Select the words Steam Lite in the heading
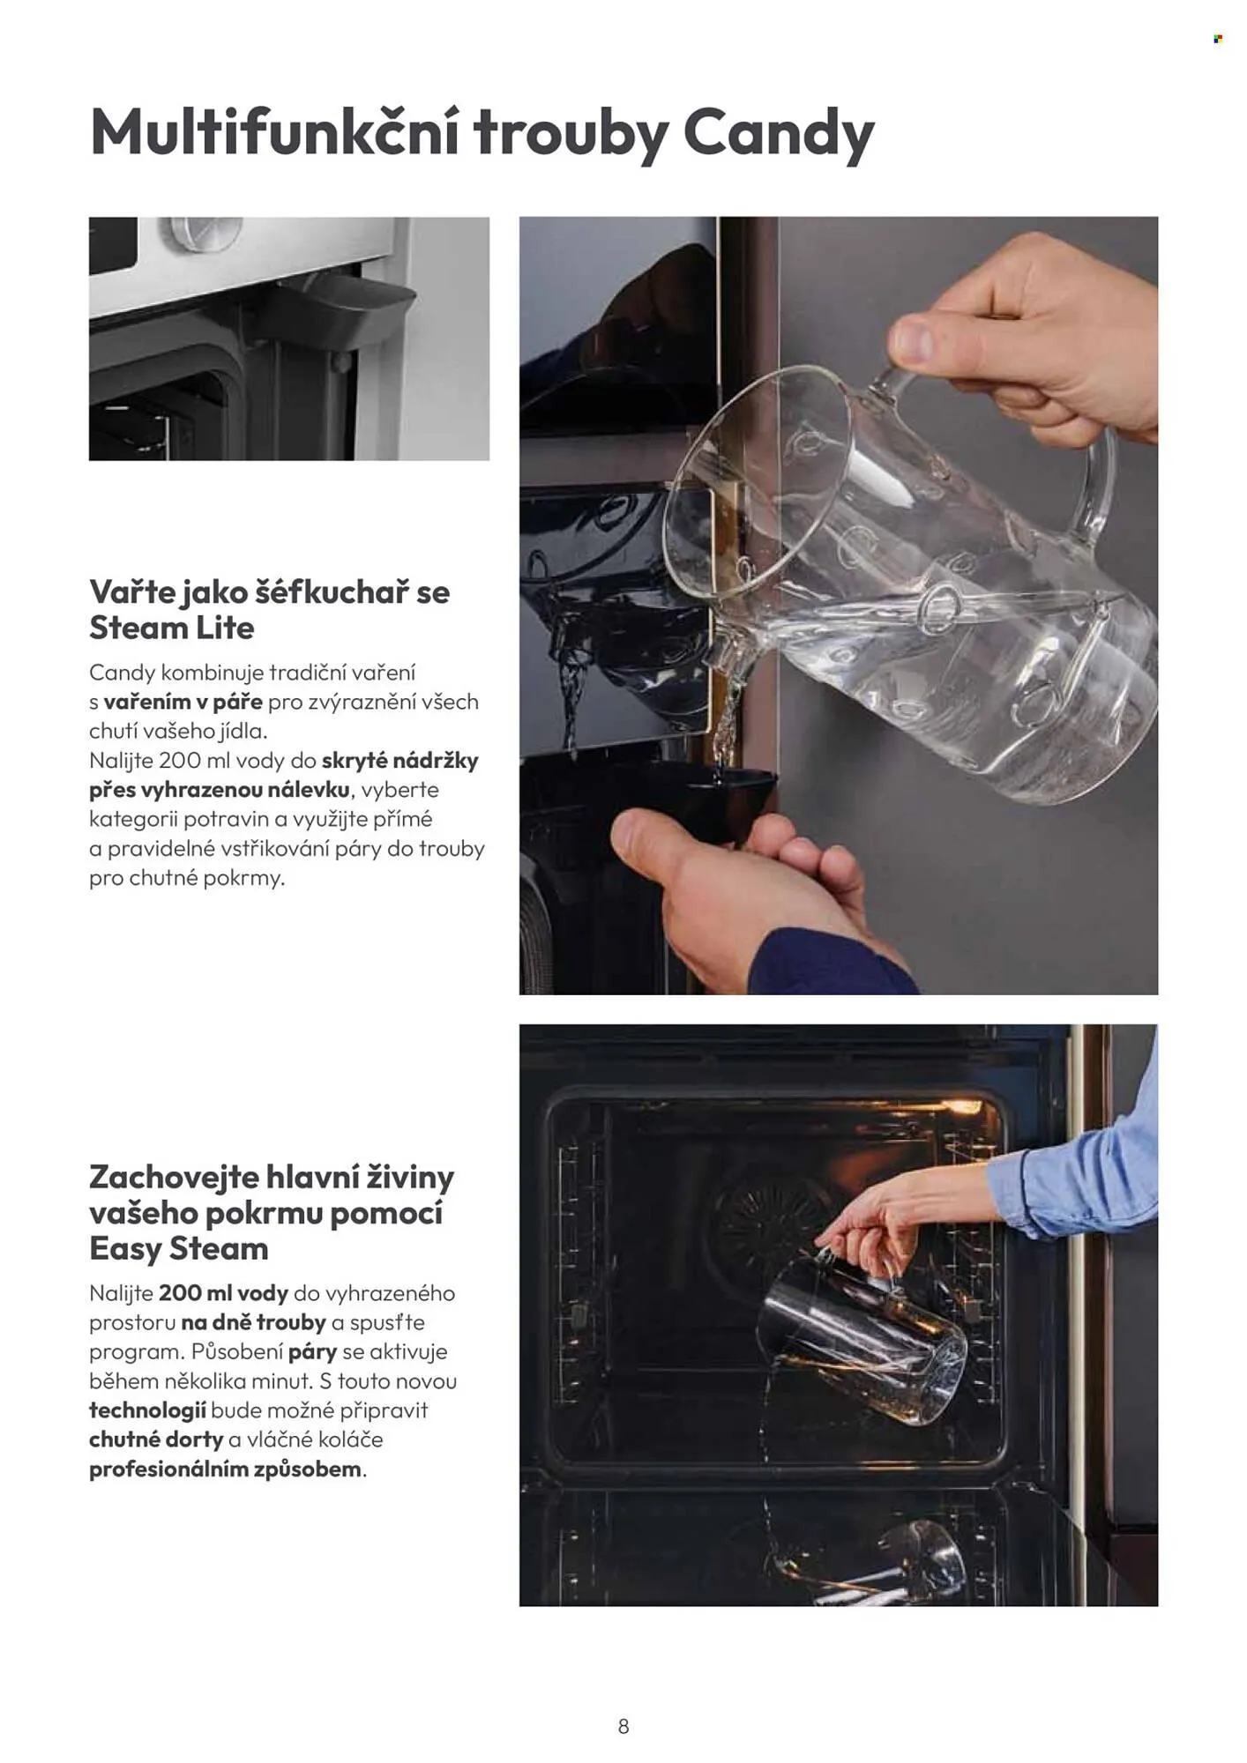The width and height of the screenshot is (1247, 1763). point(172,629)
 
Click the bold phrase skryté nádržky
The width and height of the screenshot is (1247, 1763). point(400,761)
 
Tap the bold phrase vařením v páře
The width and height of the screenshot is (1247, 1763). point(183,703)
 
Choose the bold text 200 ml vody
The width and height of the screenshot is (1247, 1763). point(224,1293)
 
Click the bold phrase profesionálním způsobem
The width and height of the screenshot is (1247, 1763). point(226,1469)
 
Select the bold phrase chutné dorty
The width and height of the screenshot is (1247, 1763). point(156,1439)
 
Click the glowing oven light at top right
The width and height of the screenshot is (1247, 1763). point(960,1106)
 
